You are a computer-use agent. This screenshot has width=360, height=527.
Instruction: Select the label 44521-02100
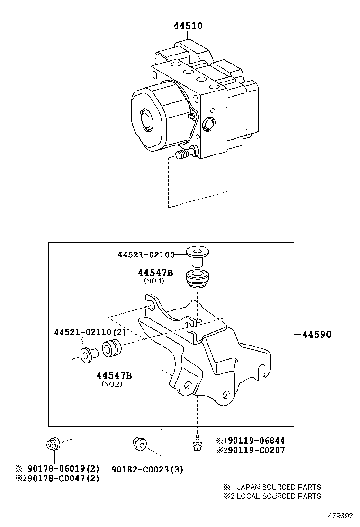[x=145, y=255]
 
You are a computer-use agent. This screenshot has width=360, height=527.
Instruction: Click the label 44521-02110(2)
[x=89, y=333]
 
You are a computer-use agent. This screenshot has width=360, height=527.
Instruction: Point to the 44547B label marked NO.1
[x=155, y=273]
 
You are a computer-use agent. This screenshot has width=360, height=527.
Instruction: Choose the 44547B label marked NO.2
[x=114, y=375]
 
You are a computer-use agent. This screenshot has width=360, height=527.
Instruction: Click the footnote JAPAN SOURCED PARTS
[x=275, y=487]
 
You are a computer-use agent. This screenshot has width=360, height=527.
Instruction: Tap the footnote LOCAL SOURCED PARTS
[x=275, y=496]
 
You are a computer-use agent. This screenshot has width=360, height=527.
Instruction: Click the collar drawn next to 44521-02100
[x=198, y=255]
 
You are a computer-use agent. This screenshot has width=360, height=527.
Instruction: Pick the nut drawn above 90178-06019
[x=52, y=444]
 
